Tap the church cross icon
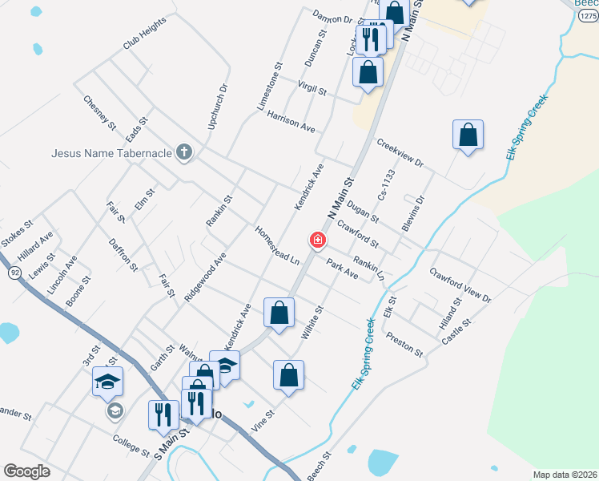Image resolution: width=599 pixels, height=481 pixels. (185, 152)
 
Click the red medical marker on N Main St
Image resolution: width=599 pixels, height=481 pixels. (318, 240)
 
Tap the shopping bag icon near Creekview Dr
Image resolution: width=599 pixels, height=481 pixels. (468, 135)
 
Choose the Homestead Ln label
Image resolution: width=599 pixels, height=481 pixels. (276, 245)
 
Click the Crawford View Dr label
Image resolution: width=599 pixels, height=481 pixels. (459, 285)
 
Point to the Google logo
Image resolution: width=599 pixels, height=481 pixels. (27, 471)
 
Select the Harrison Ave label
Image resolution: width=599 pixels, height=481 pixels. (291, 122)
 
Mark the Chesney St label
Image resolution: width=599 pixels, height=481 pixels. (100, 114)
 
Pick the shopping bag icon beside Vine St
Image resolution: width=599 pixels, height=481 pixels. (288, 376)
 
